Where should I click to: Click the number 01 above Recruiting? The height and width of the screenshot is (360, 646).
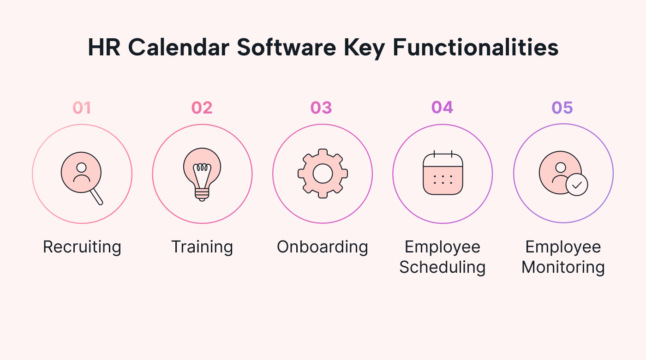(x=82, y=108)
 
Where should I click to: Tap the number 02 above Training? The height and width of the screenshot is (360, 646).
(x=202, y=108)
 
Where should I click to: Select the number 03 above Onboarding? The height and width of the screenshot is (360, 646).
(x=321, y=108)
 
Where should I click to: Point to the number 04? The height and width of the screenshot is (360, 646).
(x=442, y=107)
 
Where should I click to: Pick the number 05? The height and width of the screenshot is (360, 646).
(x=562, y=108)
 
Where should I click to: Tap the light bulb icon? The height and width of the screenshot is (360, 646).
(x=202, y=174)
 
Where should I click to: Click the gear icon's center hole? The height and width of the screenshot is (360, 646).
(x=323, y=174)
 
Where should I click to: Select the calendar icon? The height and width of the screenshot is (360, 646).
(x=443, y=173)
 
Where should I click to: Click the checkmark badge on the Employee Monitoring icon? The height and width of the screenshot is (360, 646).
(x=577, y=185)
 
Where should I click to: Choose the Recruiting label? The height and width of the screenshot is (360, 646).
(x=82, y=247)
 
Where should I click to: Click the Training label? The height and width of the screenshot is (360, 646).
(x=202, y=247)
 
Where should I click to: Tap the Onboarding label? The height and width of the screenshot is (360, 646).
(x=323, y=247)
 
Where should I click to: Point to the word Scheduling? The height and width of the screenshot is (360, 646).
(x=443, y=267)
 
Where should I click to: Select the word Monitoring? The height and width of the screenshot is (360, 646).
(x=563, y=267)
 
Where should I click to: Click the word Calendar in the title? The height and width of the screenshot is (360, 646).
(x=179, y=47)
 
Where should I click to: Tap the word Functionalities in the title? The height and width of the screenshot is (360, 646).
(x=476, y=47)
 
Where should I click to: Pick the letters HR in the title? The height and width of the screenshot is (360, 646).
(x=104, y=47)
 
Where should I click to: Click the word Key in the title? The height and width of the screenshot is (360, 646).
(x=364, y=48)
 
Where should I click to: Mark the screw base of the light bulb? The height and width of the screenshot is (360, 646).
(x=202, y=195)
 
